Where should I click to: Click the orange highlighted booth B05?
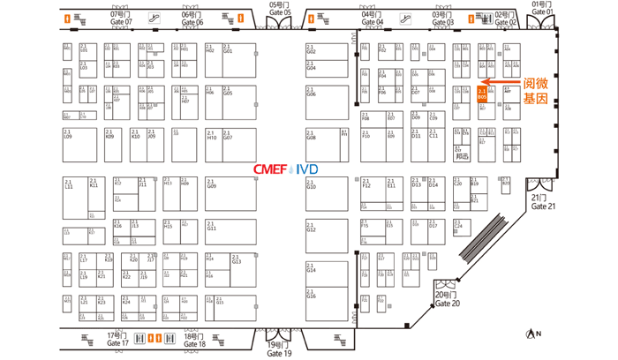pyautogui.click(x=482, y=94)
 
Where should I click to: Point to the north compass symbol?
pyautogui.click(x=531, y=334)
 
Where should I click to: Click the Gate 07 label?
pyautogui.click(x=119, y=19)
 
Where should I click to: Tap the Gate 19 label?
pyautogui.click(x=279, y=349)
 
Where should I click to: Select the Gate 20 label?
pyautogui.click(x=448, y=298)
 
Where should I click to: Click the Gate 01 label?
pyautogui.click(x=543, y=8)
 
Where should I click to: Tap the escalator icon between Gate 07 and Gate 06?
pyautogui.click(x=154, y=18)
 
